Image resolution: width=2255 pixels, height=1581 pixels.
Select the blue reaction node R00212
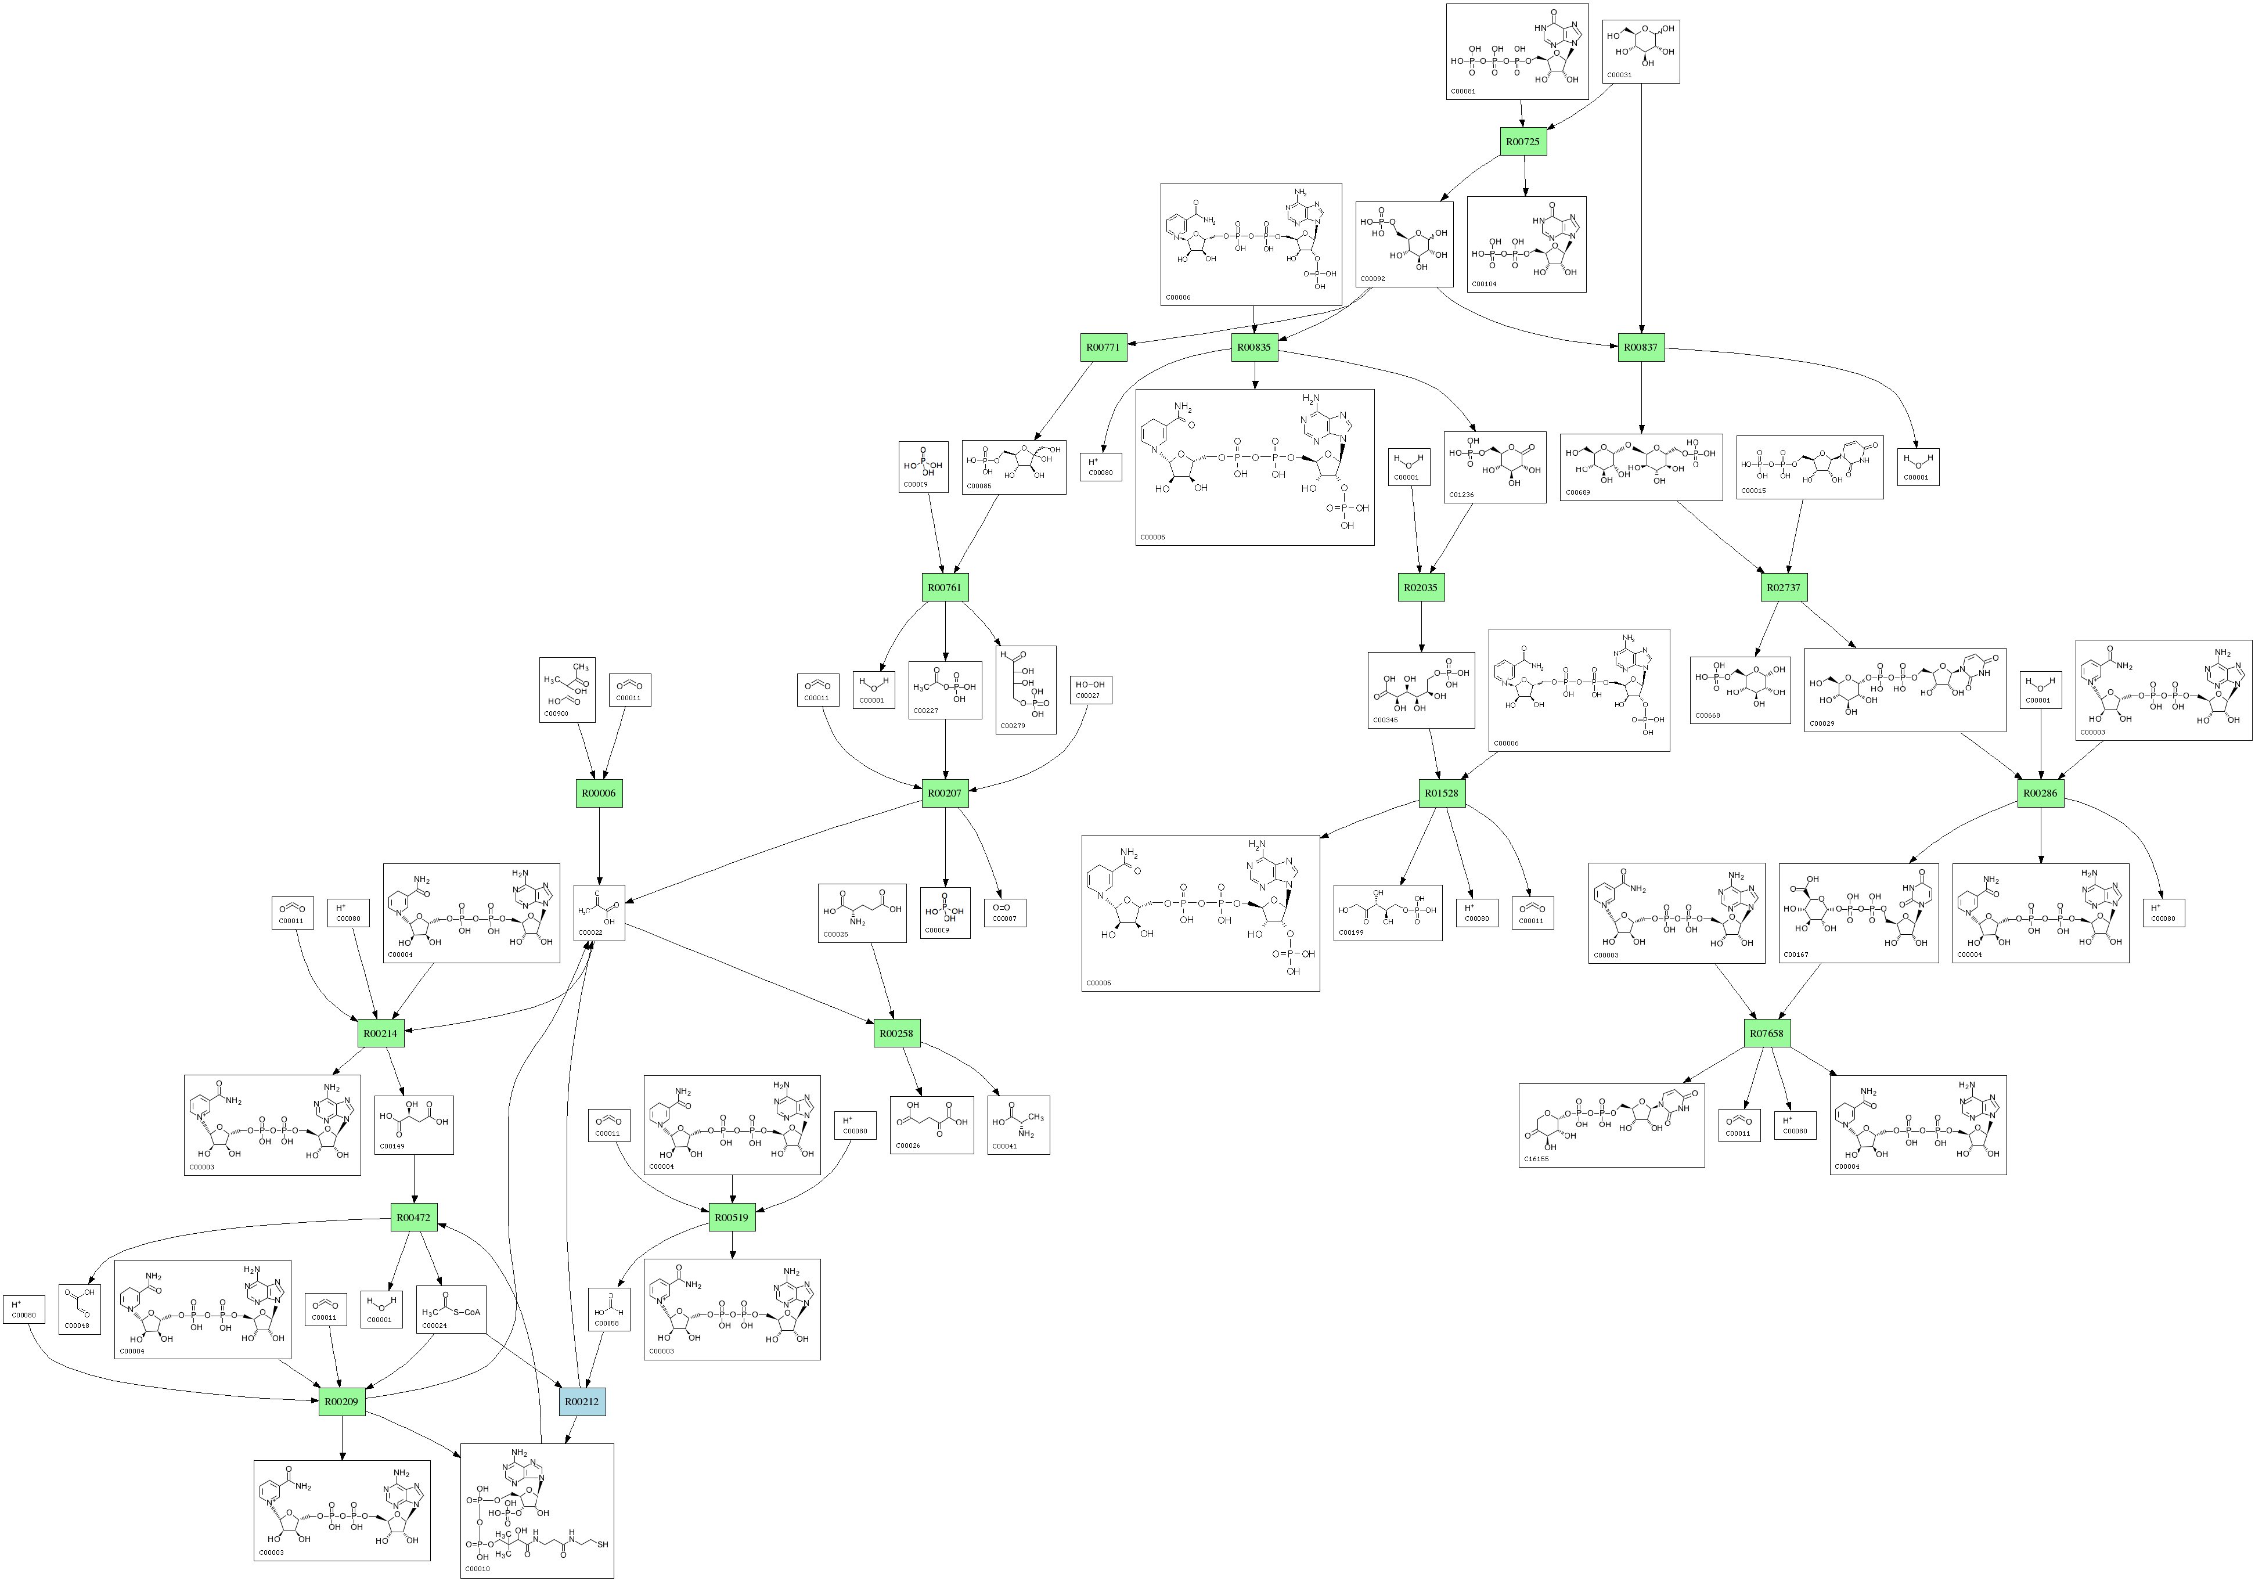[582, 1401]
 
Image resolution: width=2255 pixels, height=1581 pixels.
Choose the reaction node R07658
[1767, 1033]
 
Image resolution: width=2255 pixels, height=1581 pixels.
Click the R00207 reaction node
[945, 793]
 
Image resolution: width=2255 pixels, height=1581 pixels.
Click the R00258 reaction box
[896, 1033]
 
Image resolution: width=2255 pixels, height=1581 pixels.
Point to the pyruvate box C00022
[599, 912]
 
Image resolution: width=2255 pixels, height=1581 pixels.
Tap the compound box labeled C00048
[80, 1309]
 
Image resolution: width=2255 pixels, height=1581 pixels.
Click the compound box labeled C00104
[1526, 243]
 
